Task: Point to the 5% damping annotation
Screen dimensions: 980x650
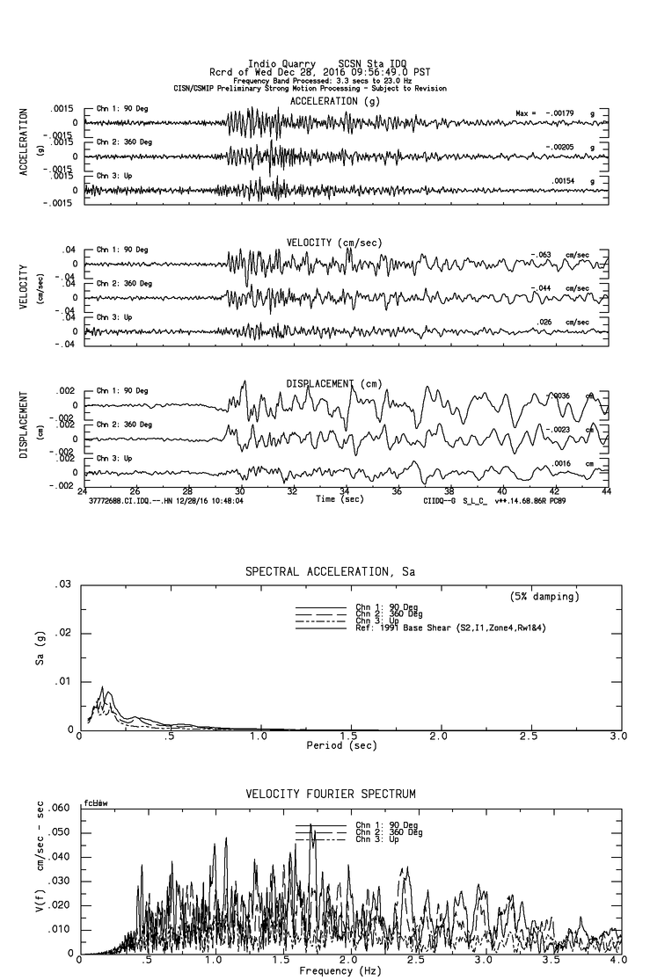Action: click(x=544, y=597)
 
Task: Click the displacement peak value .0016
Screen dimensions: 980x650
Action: click(x=563, y=463)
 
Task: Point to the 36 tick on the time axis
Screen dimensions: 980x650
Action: click(x=398, y=491)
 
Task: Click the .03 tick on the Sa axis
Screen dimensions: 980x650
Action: click(x=63, y=584)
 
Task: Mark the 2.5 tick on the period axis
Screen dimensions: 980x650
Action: click(x=529, y=736)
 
